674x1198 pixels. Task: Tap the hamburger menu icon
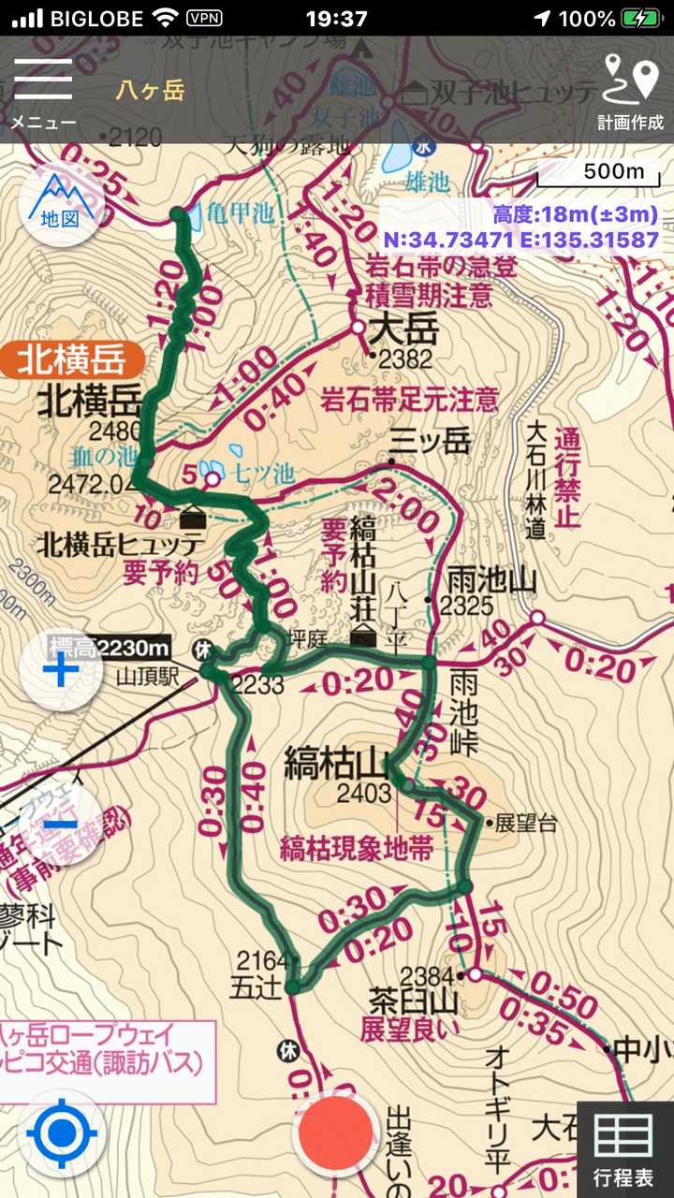click(42, 80)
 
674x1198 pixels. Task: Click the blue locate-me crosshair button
click(62, 1134)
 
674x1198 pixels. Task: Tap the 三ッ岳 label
click(430, 441)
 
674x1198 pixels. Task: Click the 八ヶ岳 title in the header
click(150, 90)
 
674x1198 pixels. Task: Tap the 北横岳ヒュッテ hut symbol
click(193, 516)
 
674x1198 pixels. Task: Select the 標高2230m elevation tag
click(109, 647)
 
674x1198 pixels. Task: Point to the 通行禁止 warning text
click(567, 476)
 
